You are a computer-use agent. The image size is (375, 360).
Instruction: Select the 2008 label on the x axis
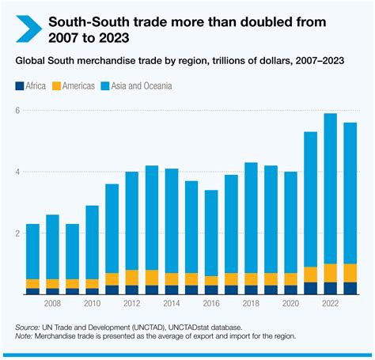click(x=52, y=304)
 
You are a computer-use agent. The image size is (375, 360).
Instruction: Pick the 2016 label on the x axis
click(x=210, y=304)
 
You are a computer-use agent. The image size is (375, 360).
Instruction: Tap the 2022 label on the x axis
click(x=328, y=304)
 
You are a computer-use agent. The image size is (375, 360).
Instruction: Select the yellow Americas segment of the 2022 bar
click(x=328, y=273)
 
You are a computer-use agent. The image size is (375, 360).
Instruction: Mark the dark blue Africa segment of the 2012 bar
click(x=131, y=290)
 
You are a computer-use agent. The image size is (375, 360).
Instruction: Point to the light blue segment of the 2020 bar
click(x=289, y=222)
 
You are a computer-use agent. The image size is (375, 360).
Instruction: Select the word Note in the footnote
click(x=25, y=336)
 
